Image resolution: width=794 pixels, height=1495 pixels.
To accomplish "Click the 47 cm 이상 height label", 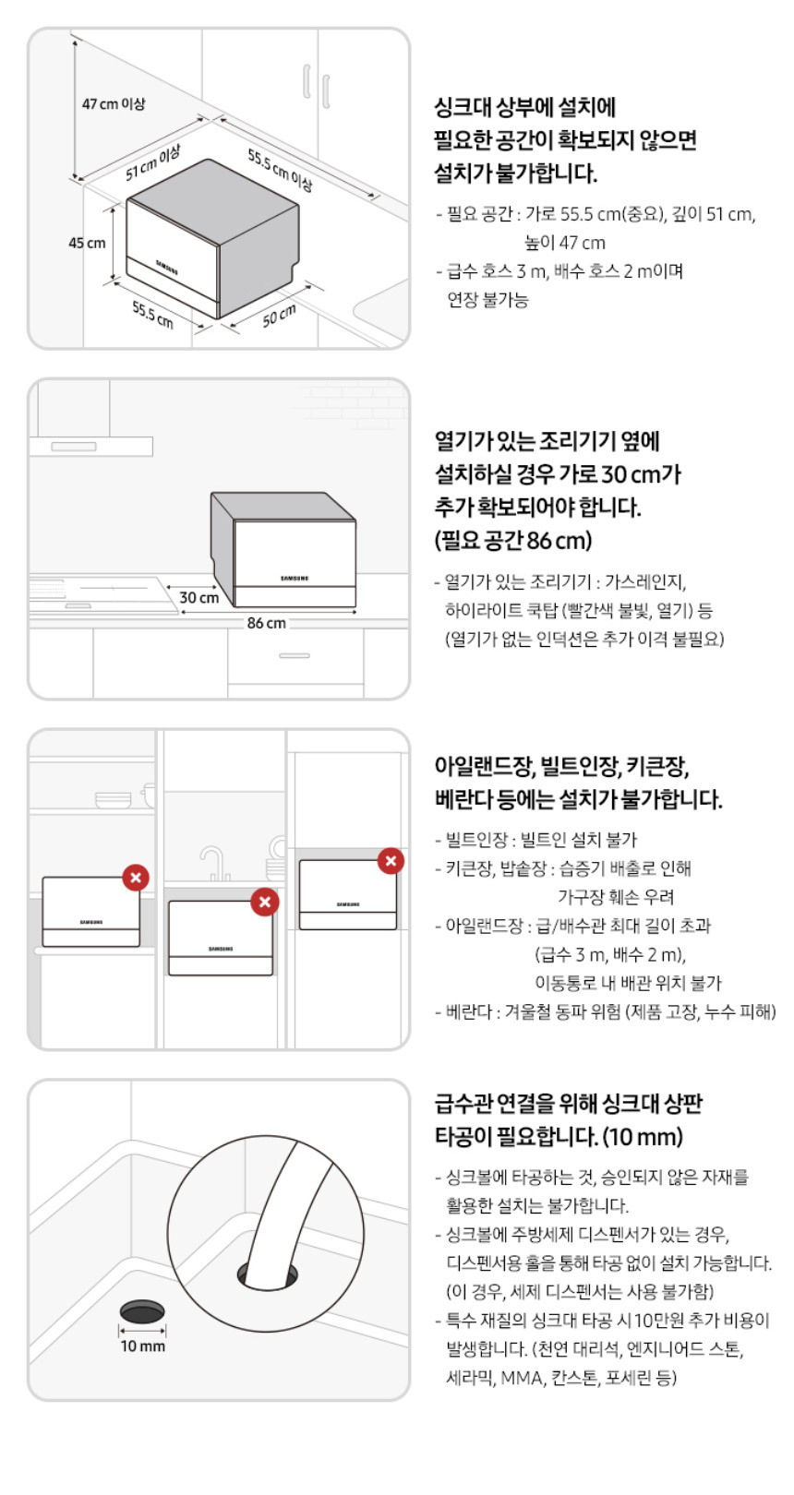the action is coord(114,104).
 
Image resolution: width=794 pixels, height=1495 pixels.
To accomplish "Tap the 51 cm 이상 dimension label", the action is coord(153,163).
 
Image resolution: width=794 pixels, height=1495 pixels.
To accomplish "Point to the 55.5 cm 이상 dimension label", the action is coord(280,170).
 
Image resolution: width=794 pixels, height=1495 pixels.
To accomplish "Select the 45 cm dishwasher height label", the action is coord(87,243).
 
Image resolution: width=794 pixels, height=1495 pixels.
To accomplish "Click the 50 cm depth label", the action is coord(279,316).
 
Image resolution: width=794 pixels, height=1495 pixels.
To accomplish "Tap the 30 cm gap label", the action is coord(199,597).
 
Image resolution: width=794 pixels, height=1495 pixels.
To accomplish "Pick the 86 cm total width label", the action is coord(267,623).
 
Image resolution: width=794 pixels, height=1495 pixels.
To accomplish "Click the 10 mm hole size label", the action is coord(142,1346).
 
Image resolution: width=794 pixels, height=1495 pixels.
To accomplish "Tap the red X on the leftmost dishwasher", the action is coord(136,878).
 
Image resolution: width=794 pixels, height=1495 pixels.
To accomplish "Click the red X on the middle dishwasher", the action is coord(264,903).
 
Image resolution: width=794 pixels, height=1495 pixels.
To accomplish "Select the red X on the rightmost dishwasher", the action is coord(391,861).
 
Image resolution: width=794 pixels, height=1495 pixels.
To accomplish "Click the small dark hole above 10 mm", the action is coord(142,1310).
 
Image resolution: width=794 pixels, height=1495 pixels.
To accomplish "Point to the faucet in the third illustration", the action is coord(213,863).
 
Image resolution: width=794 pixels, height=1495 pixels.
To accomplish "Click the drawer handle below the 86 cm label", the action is coord(294,655).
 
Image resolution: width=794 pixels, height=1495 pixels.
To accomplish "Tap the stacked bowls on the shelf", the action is coord(113,799).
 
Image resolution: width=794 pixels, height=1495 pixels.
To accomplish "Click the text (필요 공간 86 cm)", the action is coord(512,540).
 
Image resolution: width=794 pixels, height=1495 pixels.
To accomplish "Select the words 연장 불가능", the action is coord(487,300).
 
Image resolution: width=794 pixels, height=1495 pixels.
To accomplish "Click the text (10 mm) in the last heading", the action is coord(643,1137).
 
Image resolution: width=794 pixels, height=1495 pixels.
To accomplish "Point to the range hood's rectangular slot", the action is coord(74,447).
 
